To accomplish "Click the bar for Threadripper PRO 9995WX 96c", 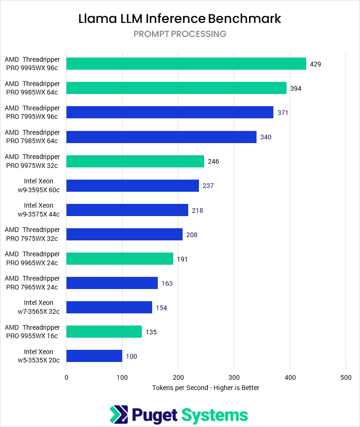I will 186,64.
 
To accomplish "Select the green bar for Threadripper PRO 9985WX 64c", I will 176,88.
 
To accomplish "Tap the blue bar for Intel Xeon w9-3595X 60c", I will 132,186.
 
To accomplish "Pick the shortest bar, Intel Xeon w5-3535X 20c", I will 94,356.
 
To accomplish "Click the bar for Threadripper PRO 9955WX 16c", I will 104,332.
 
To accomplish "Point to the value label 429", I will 316,64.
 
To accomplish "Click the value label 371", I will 283,113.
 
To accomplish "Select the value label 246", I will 213,161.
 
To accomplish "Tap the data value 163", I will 167,283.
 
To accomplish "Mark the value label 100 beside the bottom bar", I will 132,356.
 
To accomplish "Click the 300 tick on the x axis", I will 234,377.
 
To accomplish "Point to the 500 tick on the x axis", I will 345,377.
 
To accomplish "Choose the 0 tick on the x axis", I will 66,377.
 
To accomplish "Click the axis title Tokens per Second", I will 206,388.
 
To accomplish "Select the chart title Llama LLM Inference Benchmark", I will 180,19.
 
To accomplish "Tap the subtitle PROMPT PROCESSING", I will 180,34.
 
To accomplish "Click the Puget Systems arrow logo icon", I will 119,415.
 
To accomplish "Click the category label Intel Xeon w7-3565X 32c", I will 39,307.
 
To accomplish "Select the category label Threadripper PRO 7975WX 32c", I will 32,234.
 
